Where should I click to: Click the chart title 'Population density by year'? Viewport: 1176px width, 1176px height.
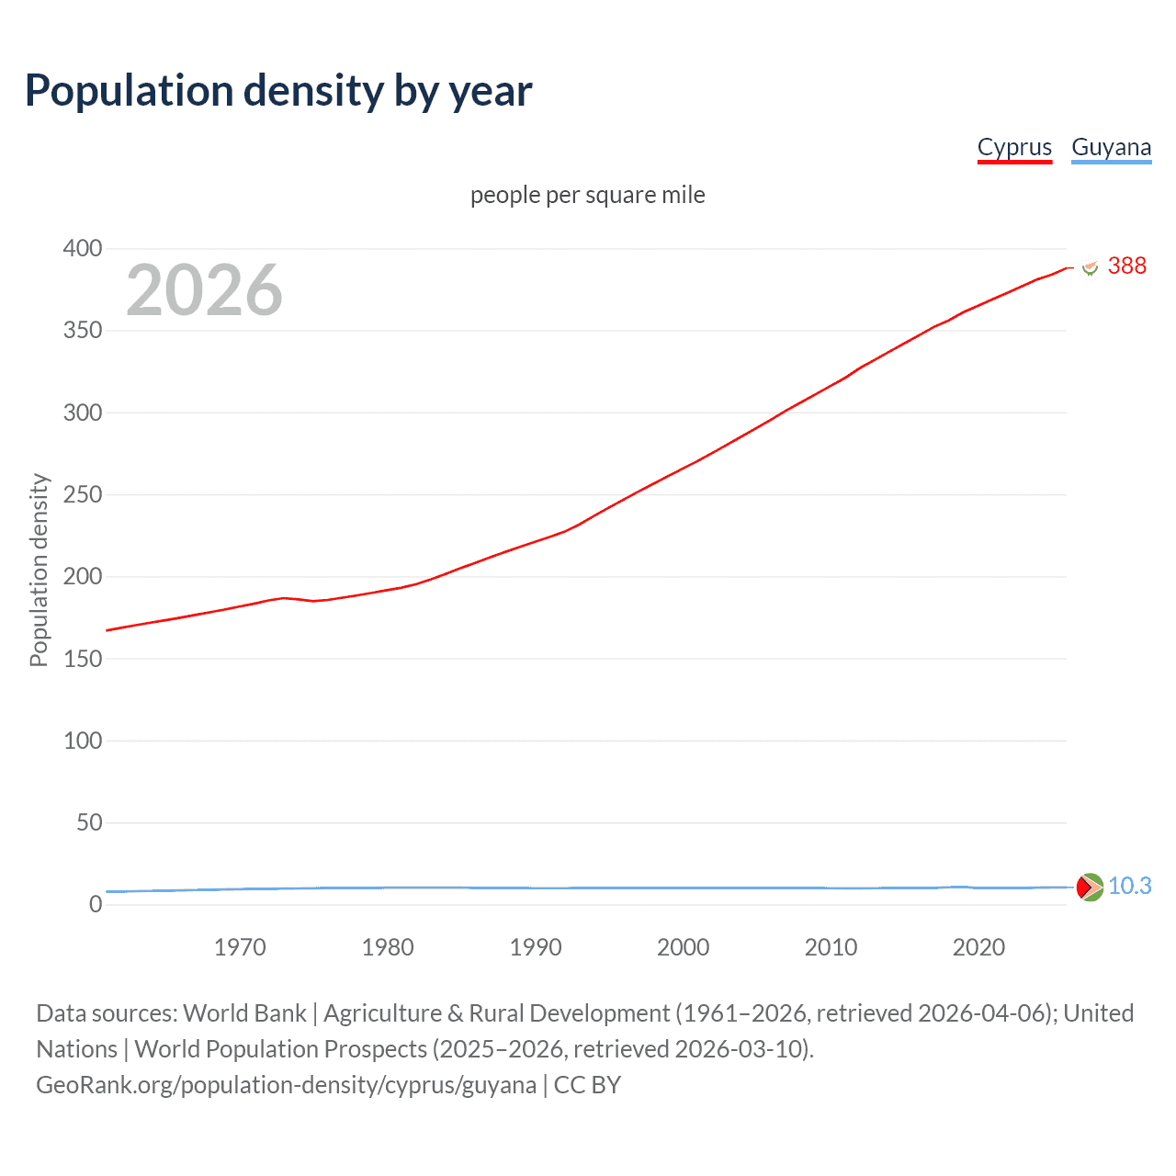tap(278, 91)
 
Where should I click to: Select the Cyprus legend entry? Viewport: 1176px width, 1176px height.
tap(1014, 148)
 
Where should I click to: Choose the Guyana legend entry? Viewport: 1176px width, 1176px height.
tap(1111, 148)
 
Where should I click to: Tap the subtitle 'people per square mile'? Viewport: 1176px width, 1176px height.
tap(587, 195)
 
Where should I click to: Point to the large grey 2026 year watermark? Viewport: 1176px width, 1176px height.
tap(204, 290)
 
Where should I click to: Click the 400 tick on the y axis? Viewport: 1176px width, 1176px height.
tap(83, 248)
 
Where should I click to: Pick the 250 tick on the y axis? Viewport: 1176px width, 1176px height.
tap(83, 494)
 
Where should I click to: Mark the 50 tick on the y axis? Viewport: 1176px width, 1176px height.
tap(89, 822)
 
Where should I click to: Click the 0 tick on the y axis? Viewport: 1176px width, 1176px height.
tap(96, 904)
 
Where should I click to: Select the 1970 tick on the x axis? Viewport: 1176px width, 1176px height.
tap(240, 947)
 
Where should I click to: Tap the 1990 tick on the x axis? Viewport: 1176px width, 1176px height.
tap(536, 947)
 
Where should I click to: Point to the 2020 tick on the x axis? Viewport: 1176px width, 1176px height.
tap(978, 947)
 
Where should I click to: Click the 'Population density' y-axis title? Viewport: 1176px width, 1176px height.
tap(39, 570)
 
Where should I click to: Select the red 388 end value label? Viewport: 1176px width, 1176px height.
tap(1126, 266)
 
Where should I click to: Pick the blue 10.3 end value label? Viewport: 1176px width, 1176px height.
tap(1129, 886)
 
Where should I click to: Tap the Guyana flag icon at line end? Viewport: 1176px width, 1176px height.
tap(1090, 887)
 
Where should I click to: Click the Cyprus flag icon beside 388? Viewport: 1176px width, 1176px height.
tap(1090, 267)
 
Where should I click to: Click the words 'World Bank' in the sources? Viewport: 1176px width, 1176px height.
tap(244, 1013)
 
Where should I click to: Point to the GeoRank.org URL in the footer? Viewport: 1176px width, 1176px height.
tap(286, 1085)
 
